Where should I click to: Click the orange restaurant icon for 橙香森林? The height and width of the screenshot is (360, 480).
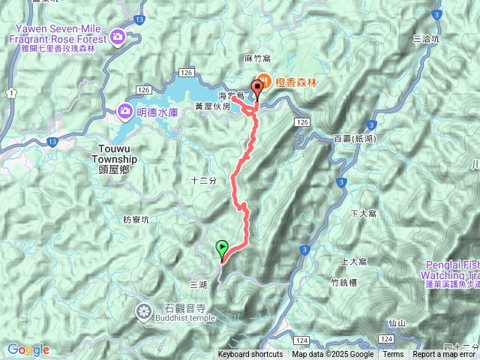click(263, 81)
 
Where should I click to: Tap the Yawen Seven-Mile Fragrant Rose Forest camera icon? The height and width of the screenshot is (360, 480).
click(118, 36)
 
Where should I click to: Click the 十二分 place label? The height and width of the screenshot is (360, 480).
click(203, 181)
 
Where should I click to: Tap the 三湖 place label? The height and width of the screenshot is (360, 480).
click(198, 285)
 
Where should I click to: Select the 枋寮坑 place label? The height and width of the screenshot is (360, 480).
click(136, 220)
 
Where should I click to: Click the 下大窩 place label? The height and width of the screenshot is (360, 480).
click(363, 214)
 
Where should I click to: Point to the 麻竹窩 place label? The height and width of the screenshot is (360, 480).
click(256, 58)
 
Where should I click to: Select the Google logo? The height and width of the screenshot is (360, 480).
click(28, 349)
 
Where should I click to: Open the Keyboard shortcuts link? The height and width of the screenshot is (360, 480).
click(250, 355)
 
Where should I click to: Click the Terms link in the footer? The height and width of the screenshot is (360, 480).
click(393, 355)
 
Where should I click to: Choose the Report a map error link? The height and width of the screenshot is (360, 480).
click(444, 355)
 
